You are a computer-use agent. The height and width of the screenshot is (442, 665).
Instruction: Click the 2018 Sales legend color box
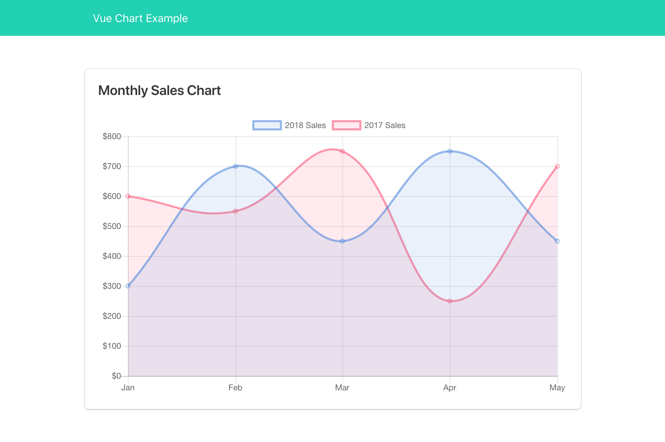click(267, 125)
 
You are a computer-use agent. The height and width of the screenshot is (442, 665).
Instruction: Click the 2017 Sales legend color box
click(346, 125)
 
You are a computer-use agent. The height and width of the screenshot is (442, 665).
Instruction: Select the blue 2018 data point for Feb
click(235, 166)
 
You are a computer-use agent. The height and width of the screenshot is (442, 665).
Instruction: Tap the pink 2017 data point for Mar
click(342, 151)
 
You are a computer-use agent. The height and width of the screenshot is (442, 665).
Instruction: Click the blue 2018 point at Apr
click(450, 151)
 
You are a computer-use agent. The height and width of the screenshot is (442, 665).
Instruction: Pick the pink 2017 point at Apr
click(450, 301)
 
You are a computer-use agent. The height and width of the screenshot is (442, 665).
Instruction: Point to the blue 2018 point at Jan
click(128, 286)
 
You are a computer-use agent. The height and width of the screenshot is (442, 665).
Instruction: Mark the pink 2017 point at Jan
click(128, 196)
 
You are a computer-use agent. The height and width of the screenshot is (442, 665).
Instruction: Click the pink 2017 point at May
click(557, 166)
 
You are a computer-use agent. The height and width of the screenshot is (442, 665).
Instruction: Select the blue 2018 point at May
click(557, 241)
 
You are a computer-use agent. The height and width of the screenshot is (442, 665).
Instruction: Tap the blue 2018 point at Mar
click(342, 241)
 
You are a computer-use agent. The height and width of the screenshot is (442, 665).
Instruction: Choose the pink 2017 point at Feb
click(235, 211)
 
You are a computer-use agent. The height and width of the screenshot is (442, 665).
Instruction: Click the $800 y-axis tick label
click(112, 136)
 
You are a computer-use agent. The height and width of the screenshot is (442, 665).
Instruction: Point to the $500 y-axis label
click(112, 226)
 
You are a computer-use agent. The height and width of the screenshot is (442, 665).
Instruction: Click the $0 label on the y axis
click(116, 376)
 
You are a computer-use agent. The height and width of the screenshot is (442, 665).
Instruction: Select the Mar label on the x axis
click(342, 388)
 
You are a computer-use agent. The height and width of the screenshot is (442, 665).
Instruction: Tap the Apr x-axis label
click(450, 388)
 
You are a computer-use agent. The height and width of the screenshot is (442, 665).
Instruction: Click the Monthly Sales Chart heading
click(159, 91)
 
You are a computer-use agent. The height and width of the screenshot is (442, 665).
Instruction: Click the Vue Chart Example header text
click(140, 18)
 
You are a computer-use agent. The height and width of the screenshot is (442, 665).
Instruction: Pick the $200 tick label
click(112, 316)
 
